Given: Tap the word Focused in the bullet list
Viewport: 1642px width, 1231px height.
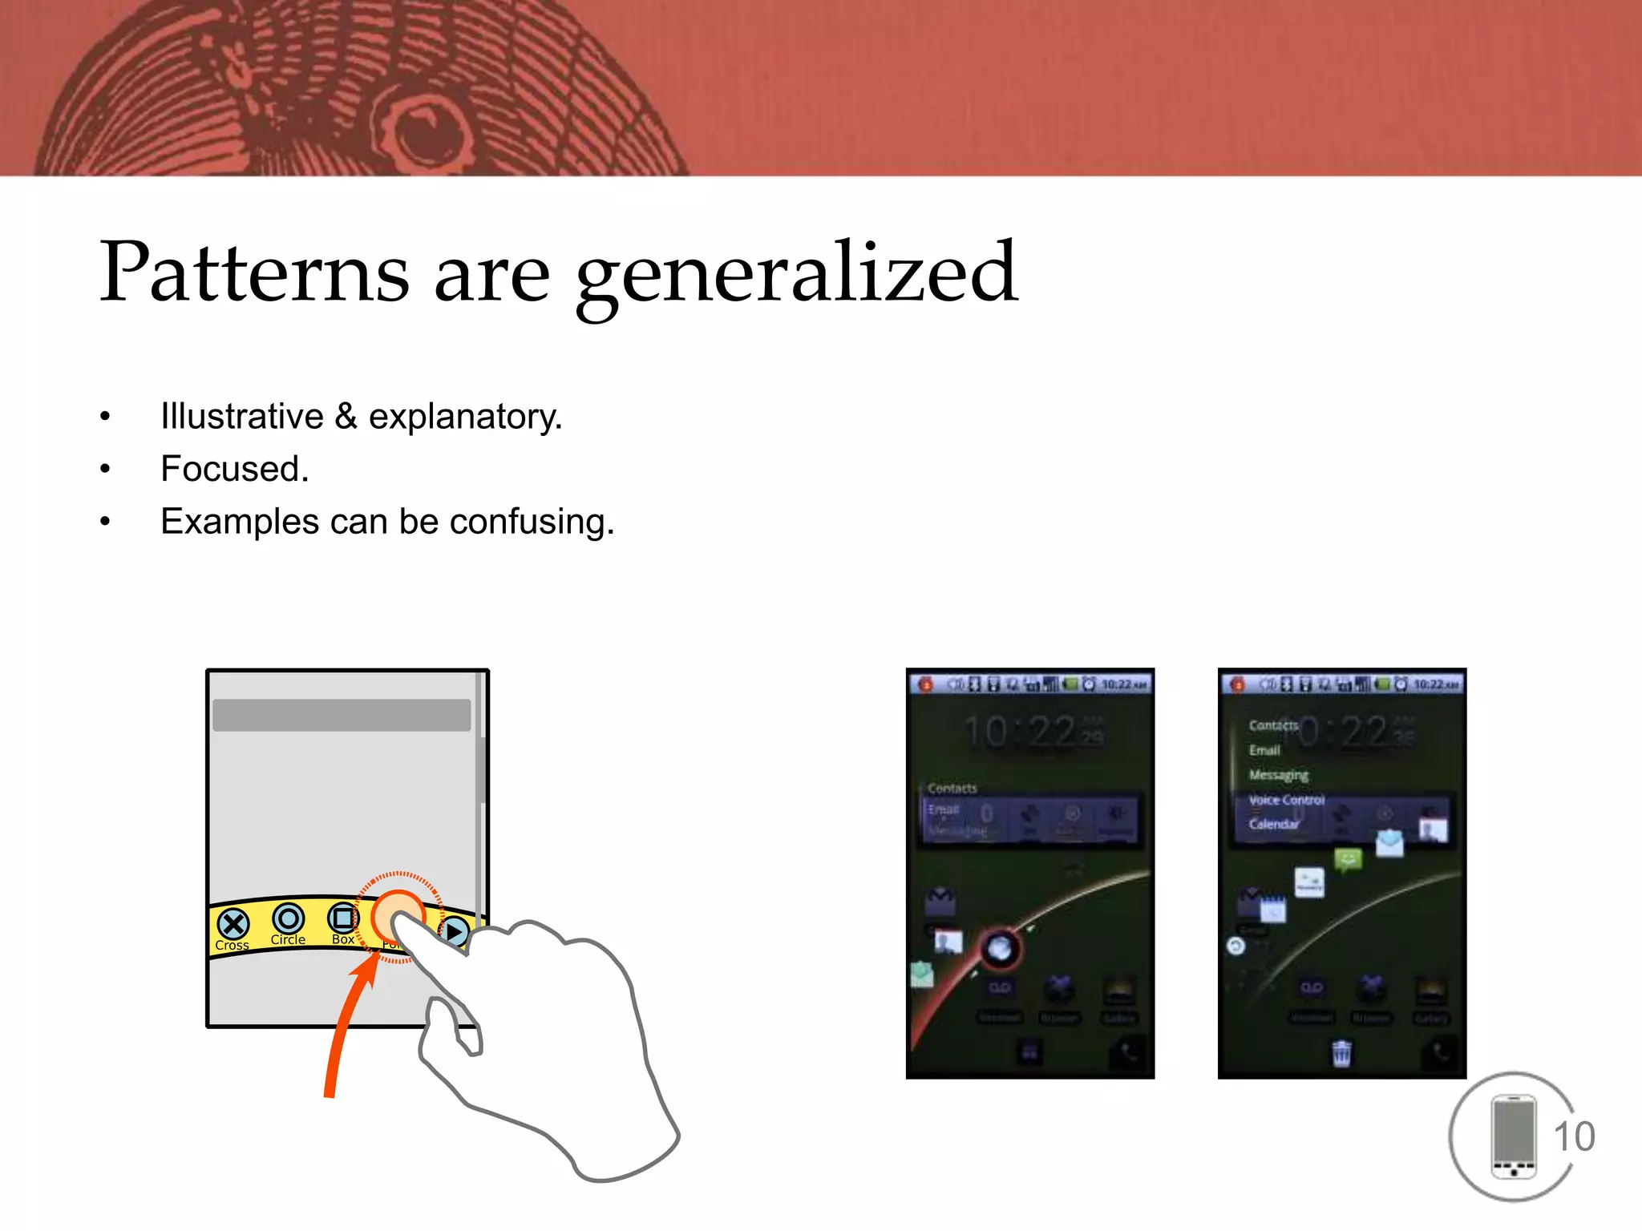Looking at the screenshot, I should tap(233, 469).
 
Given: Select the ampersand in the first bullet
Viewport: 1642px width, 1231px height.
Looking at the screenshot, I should tap(346, 416).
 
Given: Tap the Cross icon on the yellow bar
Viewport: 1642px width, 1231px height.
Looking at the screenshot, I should tap(233, 924).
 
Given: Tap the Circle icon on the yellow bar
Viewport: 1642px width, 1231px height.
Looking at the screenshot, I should tap(288, 918).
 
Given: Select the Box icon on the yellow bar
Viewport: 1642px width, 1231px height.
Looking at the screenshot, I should tap(343, 917).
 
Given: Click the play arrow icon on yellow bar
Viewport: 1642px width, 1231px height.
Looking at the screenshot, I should tap(455, 932).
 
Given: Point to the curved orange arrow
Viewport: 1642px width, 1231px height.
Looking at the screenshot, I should tap(345, 1026).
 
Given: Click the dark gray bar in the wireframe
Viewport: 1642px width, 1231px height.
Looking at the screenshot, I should tap(342, 715).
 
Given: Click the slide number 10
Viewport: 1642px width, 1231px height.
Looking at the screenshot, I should tap(1574, 1136).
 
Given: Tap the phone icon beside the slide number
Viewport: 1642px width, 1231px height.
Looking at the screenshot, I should tap(1513, 1136).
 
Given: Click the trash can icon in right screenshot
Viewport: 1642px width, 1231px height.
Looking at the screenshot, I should tap(1341, 1053).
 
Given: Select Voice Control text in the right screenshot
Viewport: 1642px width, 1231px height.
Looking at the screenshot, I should tap(1286, 800).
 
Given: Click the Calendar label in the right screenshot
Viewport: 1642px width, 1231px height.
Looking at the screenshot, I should tap(1273, 824).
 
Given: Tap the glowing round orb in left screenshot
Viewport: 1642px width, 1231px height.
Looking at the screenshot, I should tap(1000, 949).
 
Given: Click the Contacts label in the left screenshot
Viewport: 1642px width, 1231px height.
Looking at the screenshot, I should tap(952, 789).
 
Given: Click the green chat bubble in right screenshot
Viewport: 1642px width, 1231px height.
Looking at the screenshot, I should tap(1349, 860).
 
